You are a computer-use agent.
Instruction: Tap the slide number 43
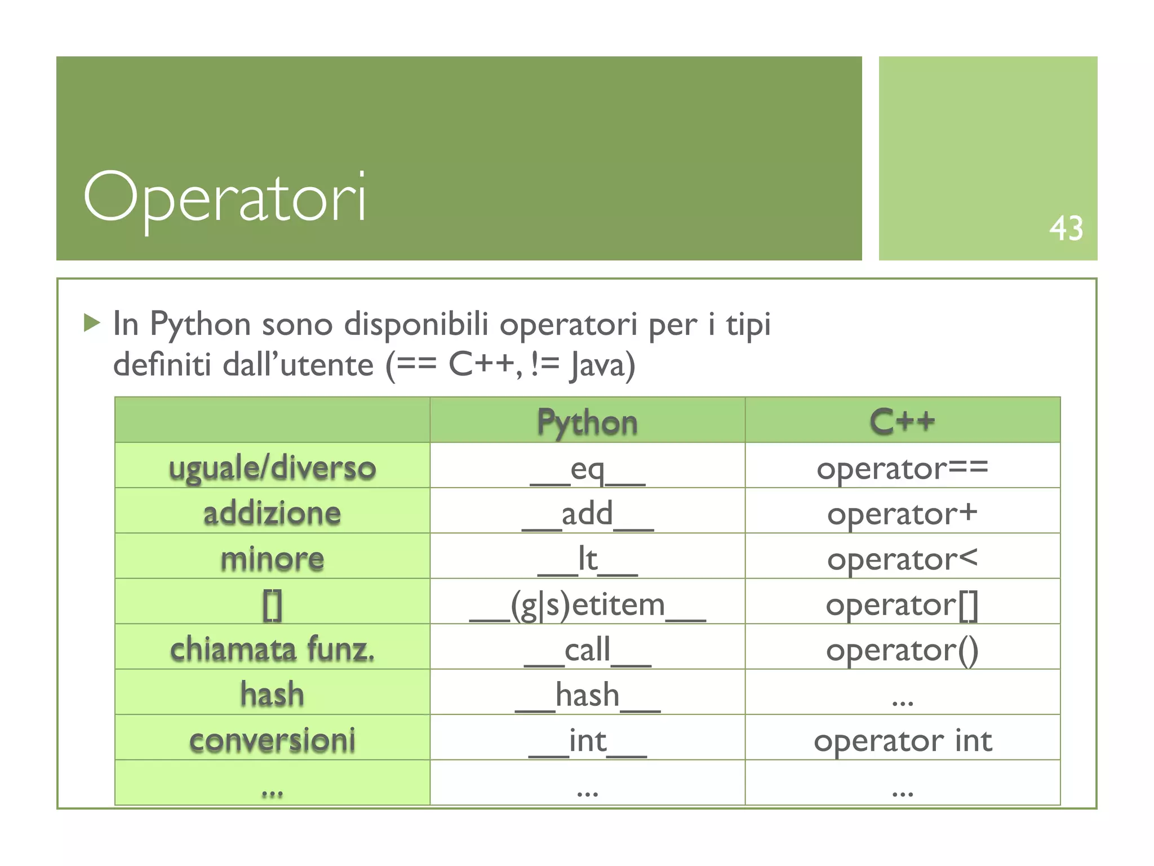pos(1066,229)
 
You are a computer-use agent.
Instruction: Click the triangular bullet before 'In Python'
pos(91,323)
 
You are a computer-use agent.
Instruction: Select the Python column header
pos(587,422)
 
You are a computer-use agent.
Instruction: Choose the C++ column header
pos(902,421)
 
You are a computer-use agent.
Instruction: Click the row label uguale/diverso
pos(272,467)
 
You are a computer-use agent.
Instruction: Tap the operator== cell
pos(902,468)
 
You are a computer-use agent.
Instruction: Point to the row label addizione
pos(272,512)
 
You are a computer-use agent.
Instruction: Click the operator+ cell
pos(902,514)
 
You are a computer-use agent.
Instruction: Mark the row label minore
pos(272,558)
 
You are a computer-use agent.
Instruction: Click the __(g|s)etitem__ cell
pos(587,604)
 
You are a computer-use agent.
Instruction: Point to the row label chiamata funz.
pos(272,649)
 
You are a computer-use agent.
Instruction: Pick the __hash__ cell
pos(587,695)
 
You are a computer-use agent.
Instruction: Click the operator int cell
pos(902,740)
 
